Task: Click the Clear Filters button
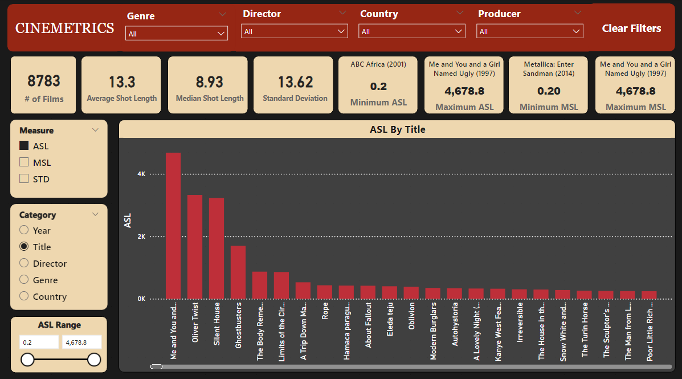(x=631, y=28)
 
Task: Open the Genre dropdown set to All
(x=177, y=34)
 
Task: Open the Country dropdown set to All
(x=412, y=31)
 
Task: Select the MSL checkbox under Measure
(x=24, y=162)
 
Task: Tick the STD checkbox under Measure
(x=24, y=179)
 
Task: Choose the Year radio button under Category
(x=24, y=230)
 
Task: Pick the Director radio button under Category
(x=24, y=263)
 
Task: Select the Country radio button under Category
(x=24, y=296)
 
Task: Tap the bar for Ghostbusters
(x=238, y=272)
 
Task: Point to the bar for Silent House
(x=217, y=248)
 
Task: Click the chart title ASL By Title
(x=397, y=130)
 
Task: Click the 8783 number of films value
(x=44, y=81)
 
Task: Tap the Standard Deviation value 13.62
(x=295, y=82)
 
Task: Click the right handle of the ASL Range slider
(x=94, y=360)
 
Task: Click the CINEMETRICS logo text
(x=64, y=28)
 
